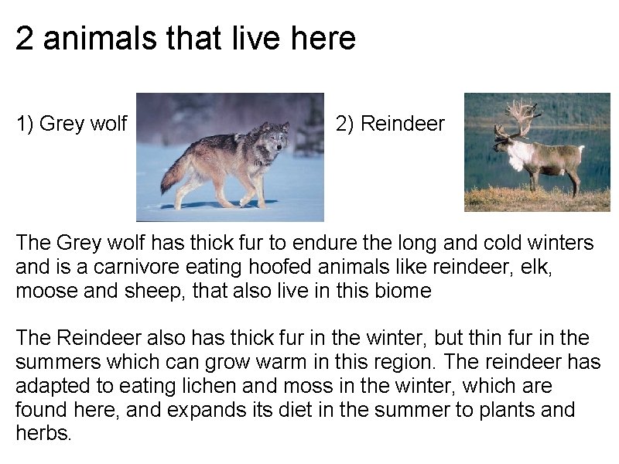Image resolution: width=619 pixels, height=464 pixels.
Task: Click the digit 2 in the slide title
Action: click(25, 39)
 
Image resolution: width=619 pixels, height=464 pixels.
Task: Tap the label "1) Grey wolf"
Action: click(72, 123)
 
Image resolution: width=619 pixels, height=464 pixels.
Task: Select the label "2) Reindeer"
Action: click(391, 123)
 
